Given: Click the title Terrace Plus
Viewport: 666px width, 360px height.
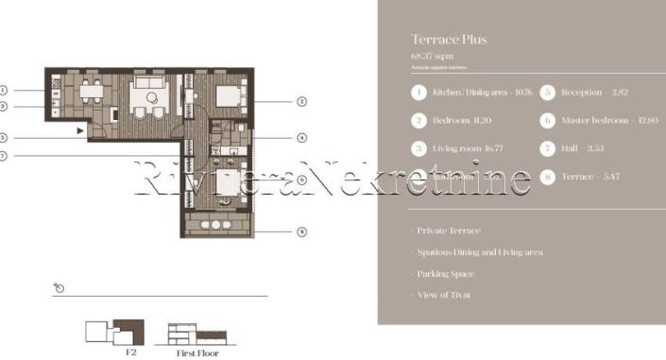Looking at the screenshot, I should [449, 40].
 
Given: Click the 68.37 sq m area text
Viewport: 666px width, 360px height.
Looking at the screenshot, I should [431, 57].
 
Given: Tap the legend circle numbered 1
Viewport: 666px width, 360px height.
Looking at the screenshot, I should [418, 93].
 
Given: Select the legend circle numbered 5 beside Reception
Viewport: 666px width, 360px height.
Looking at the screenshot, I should [547, 93].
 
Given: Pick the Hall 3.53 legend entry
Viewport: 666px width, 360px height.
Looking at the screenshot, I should [585, 148].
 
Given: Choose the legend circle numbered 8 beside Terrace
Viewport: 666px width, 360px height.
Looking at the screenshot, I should [547, 177].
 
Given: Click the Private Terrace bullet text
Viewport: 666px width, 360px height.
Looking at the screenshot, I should [450, 231].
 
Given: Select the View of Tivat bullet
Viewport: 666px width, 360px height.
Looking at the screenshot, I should [445, 295].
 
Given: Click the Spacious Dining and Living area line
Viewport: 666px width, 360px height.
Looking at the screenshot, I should [480, 252].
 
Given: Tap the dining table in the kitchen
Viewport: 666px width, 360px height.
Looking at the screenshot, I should [90, 94].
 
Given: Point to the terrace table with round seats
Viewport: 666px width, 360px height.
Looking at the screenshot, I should [215, 225].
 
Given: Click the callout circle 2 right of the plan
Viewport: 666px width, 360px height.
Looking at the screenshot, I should [301, 101].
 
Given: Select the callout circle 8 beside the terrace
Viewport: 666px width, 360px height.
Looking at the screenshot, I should [301, 230].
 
